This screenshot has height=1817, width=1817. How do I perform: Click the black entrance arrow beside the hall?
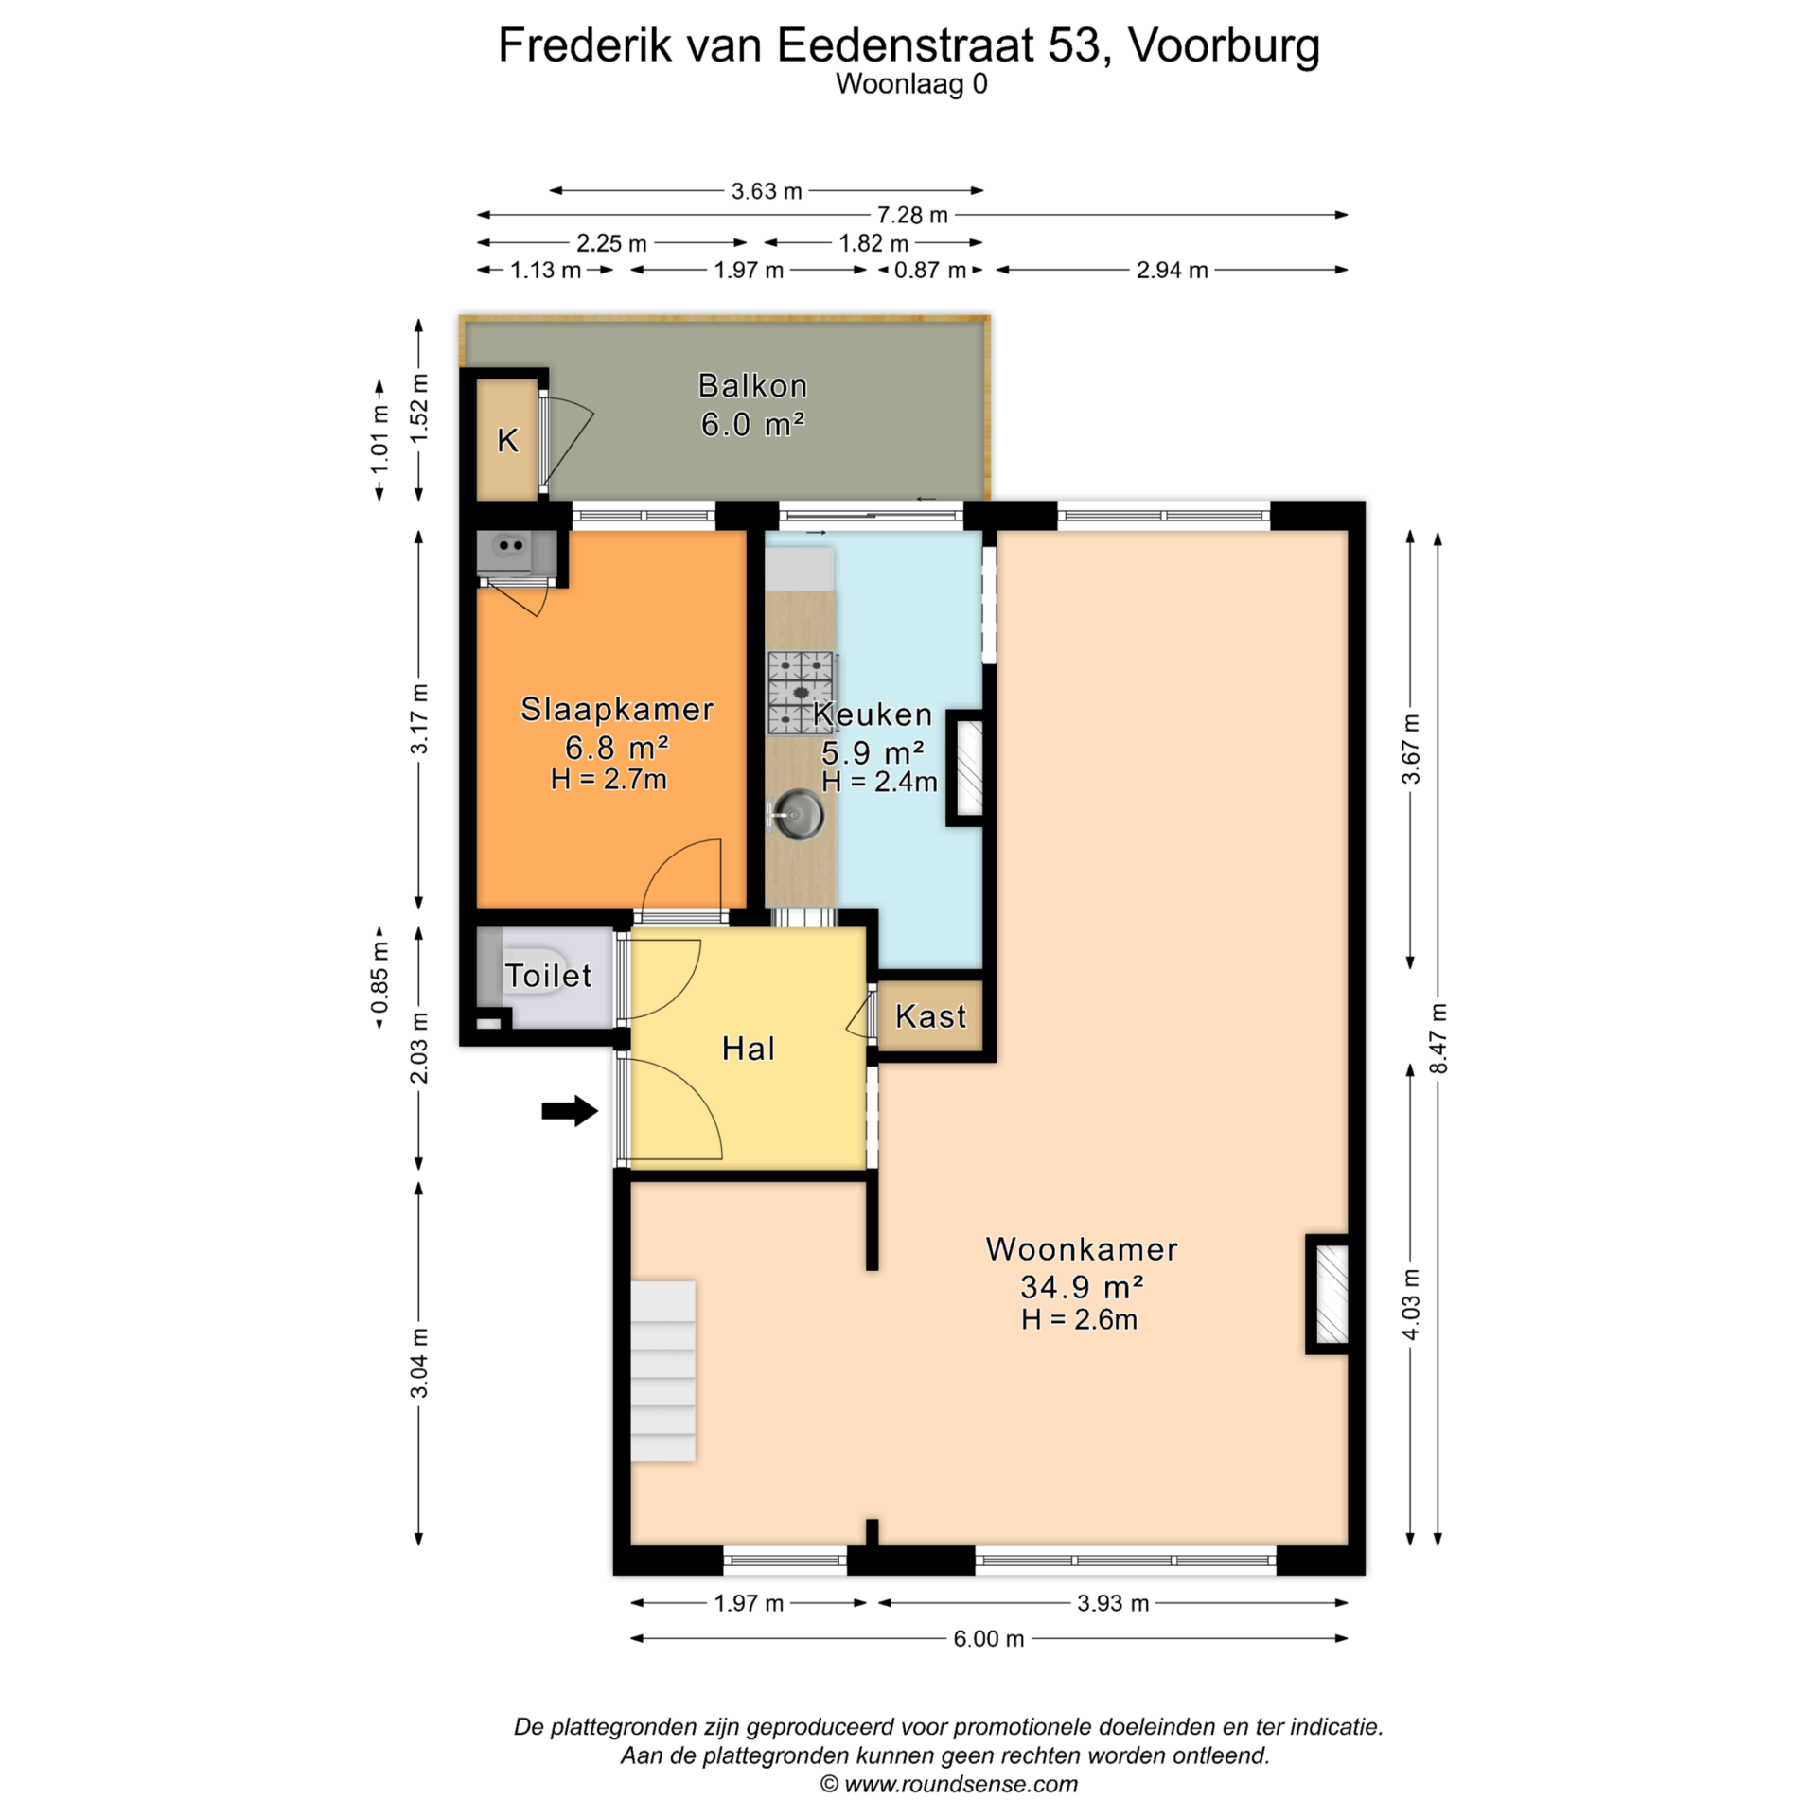pos(570,1111)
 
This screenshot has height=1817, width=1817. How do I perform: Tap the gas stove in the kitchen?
pos(802,694)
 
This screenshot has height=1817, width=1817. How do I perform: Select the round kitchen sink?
pos(798,814)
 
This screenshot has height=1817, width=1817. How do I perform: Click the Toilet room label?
pos(548,976)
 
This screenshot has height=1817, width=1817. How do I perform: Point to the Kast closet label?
pos(931,1016)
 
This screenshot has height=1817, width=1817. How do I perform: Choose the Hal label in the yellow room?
pos(749,1049)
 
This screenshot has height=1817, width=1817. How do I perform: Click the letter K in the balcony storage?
pos(508,440)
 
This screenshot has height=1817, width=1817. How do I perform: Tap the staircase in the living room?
pos(663,1371)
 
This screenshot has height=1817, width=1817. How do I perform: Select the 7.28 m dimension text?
pos(912,215)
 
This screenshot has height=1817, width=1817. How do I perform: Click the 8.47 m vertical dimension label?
pos(1438,1038)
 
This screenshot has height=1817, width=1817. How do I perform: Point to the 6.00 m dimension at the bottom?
pos(989,1639)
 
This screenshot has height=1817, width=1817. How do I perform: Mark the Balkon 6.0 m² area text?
pos(753,405)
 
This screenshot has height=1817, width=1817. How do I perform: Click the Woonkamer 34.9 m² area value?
pos(1083,1287)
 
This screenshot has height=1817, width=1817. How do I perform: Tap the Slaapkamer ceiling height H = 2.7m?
pos(609,780)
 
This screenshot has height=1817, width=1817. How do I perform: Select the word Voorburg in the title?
pos(1225,44)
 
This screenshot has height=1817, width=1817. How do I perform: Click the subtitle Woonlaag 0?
pos(911,84)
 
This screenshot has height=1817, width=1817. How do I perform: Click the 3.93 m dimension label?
pos(1113,1603)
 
